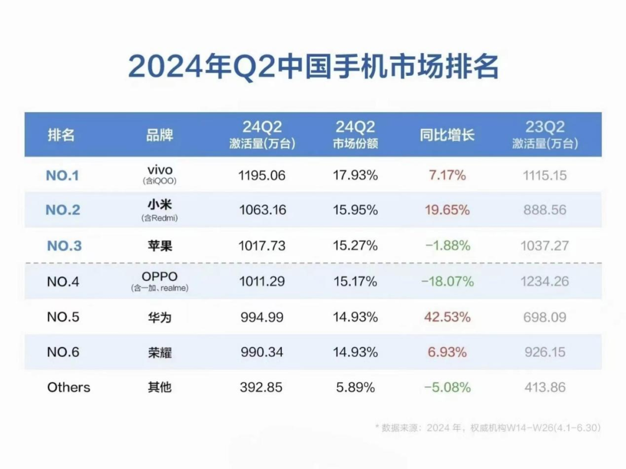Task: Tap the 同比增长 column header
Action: (x=447, y=135)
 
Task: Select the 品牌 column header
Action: (x=159, y=135)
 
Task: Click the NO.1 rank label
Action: (x=62, y=175)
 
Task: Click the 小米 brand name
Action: (x=159, y=206)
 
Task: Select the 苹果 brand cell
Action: (x=159, y=246)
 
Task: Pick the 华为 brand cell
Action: (x=159, y=317)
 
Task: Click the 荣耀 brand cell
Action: (x=159, y=352)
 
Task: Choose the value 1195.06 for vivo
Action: (x=262, y=175)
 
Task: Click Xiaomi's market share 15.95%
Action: (x=355, y=210)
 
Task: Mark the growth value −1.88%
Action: (x=447, y=246)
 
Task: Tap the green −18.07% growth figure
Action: (x=447, y=281)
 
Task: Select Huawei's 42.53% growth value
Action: (x=447, y=317)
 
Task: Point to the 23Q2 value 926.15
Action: (x=545, y=352)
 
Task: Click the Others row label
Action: (x=68, y=387)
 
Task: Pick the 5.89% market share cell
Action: (x=355, y=387)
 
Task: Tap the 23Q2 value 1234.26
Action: (x=545, y=281)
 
